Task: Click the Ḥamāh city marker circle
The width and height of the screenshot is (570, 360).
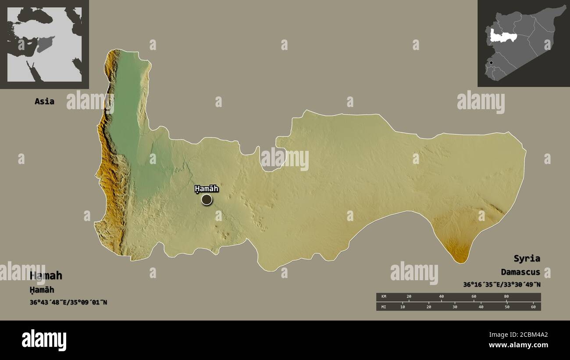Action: [x=207, y=200]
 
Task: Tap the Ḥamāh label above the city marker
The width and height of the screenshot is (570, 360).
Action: [x=207, y=189]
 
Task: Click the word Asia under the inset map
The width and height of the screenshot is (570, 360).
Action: [x=44, y=101]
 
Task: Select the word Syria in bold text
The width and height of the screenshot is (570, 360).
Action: [x=527, y=258]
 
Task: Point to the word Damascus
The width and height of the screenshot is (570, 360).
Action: [x=521, y=272]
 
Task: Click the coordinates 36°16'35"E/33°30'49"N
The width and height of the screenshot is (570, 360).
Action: [x=502, y=285]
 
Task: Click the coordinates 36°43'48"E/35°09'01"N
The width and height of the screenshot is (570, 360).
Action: [x=68, y=302]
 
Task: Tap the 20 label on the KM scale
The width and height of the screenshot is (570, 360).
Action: [x=409, y=297]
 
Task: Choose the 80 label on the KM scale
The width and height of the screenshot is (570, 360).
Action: [x=506, y=297]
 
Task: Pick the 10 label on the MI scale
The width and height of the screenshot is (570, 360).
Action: [x=403, y=307]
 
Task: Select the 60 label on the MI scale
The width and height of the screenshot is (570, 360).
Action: [x=533, y=307]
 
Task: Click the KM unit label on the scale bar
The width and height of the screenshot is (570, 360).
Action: [x=384, y=297]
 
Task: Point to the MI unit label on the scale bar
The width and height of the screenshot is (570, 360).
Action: [x=384, y=307]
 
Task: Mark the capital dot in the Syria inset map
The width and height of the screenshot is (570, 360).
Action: [x=491, y=63]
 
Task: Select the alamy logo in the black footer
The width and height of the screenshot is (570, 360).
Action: [x=44, y=340]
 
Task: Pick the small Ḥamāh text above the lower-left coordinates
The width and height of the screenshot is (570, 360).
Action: [x=42, y=290]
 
